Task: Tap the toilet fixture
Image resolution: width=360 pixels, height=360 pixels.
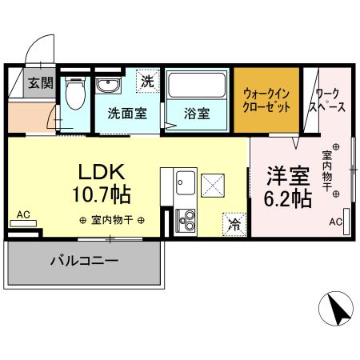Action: coord(76,96)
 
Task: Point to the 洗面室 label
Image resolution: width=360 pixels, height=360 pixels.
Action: coord(127,113)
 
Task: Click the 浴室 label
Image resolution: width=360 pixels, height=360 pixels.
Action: coord(198,113)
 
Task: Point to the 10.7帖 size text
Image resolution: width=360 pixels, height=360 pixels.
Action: coord(103,194)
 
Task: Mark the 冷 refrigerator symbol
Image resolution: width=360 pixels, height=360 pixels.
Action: coord(235,226)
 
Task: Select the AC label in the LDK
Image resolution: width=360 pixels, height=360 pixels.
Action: coord(22,214)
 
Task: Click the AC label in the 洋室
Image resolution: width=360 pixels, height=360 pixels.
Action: coord(335,222)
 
